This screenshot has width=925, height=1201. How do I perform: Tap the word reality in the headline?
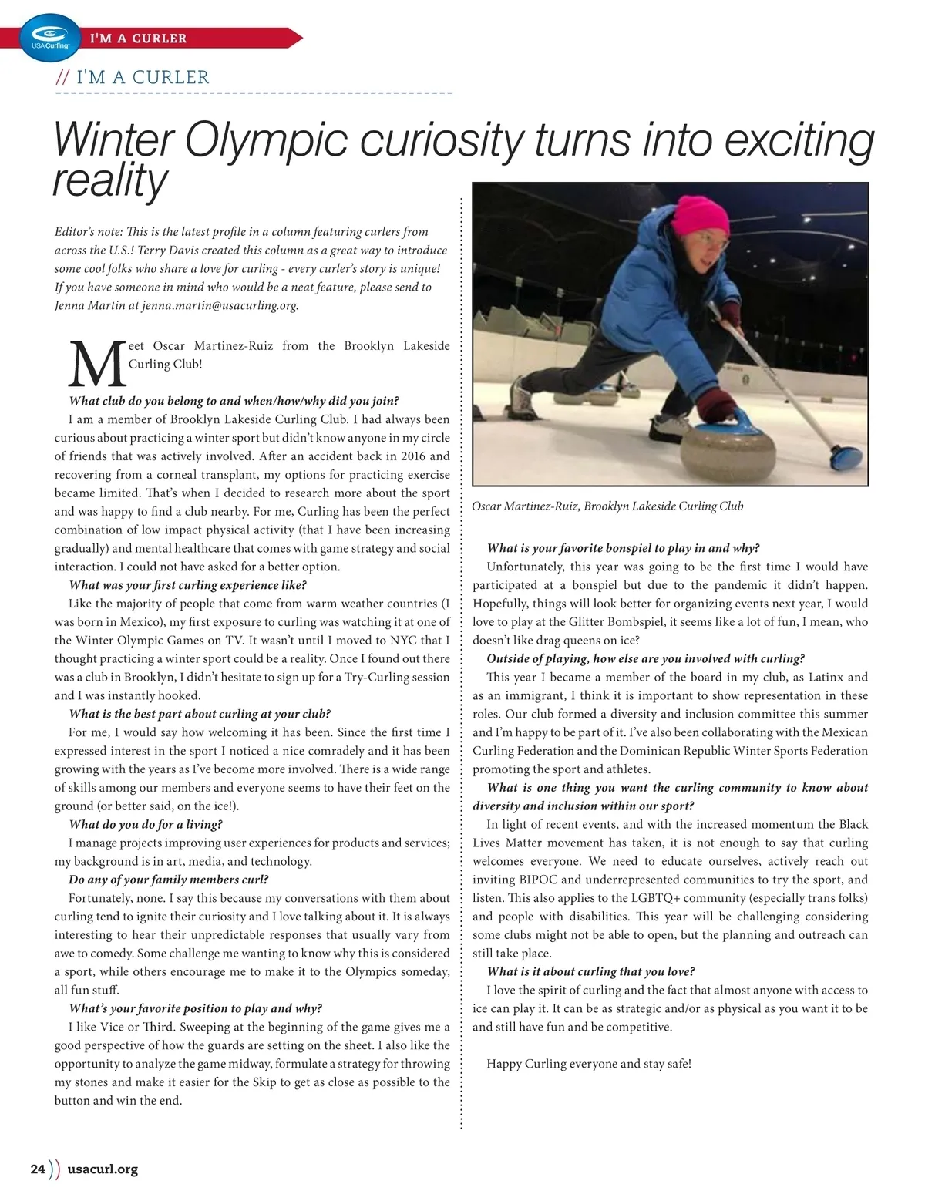(109, 181)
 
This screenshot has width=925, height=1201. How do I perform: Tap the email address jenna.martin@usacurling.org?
(220, 305)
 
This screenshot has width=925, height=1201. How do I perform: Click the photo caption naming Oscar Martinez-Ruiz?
(607, 506)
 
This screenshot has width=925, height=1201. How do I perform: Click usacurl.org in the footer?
(103, 1169)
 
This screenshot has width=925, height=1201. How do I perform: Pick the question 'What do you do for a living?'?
(146, 824)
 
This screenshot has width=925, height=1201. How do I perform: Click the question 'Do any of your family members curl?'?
(168, 880)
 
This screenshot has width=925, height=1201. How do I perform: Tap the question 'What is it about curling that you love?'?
(590, 971)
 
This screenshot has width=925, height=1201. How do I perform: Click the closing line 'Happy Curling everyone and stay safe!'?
(589, 1064)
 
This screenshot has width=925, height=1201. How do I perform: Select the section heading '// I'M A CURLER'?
(133, 77)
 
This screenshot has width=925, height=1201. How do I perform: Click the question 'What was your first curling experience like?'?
(187, 585)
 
